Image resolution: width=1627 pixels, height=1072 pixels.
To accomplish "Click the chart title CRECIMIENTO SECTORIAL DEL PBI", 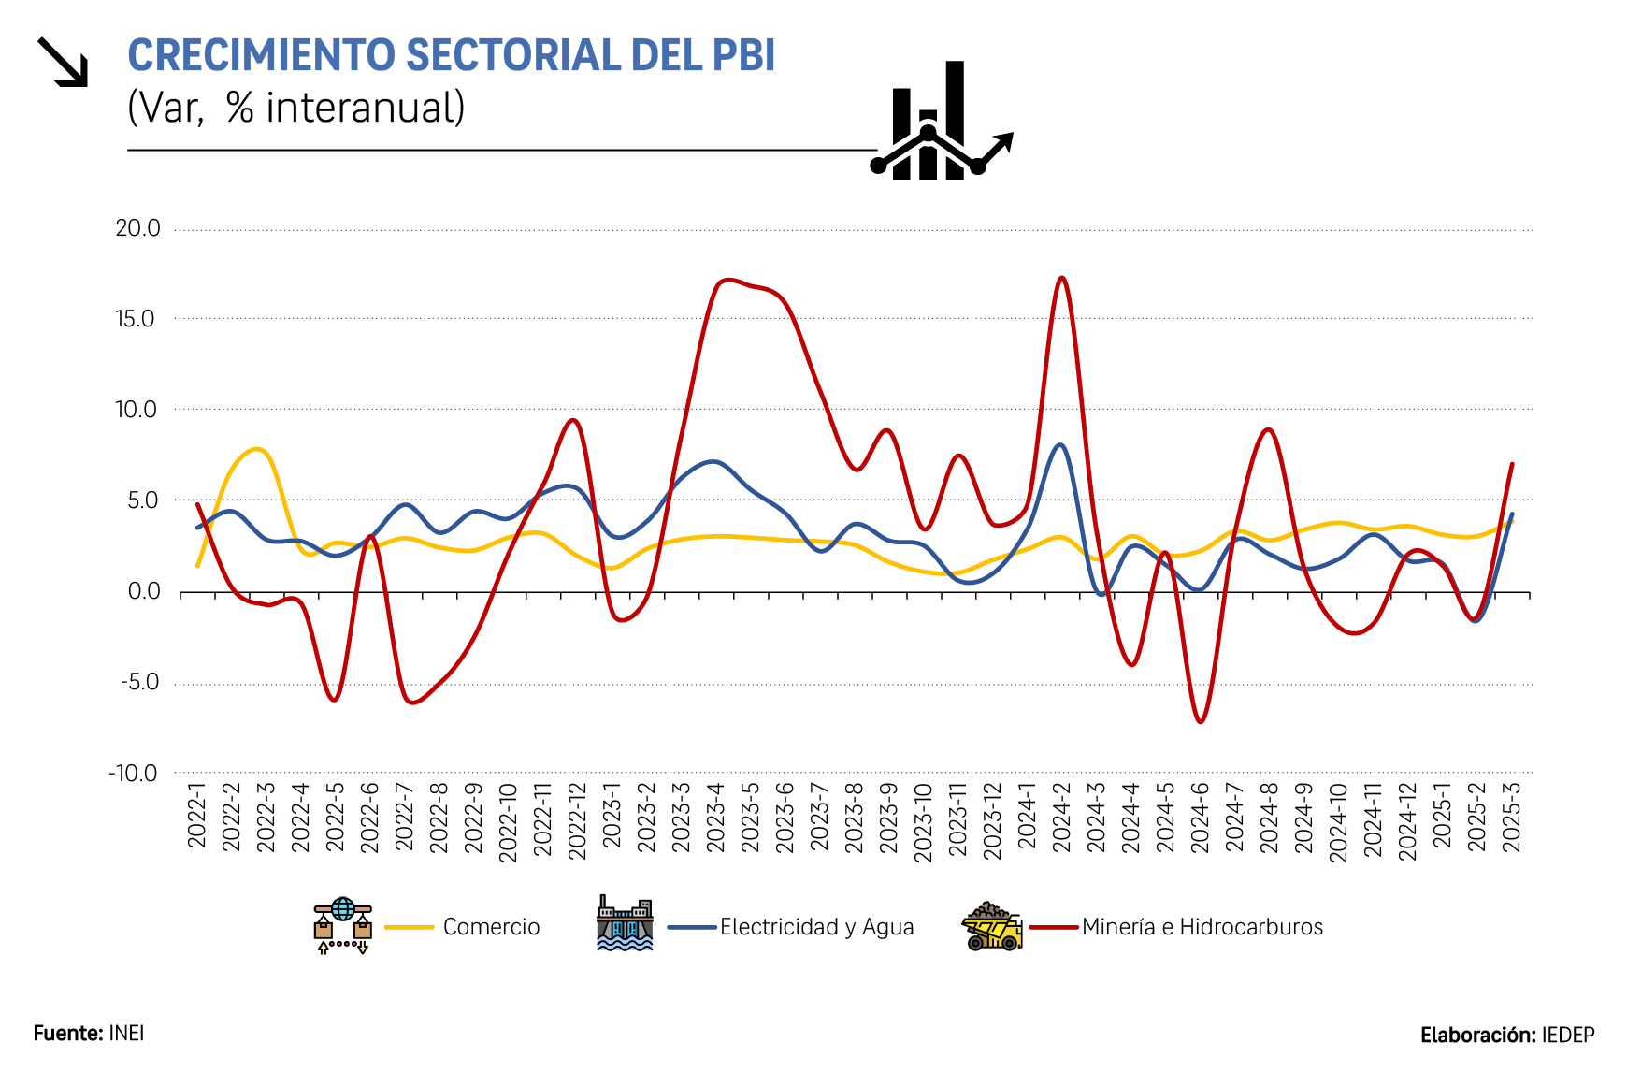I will point(451,55).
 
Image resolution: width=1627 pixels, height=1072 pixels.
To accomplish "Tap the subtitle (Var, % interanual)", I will point(295,108).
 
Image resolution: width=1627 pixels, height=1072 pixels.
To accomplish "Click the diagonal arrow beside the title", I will point(63,62).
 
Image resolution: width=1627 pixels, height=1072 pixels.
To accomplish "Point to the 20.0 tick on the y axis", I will point(137,229).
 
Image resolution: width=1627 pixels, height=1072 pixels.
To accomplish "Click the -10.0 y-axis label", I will point(134,774).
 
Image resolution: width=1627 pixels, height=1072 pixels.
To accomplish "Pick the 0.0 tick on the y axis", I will point(144,592).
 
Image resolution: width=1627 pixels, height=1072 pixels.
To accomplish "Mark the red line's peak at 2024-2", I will point(1061,278).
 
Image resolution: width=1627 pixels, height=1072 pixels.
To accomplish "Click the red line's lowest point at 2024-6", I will point(1201,721).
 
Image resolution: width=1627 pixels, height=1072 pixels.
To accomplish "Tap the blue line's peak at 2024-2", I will point(1059,445).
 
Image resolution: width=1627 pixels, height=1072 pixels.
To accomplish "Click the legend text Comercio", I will point(491,927).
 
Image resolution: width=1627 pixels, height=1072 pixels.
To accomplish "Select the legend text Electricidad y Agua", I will point(816,927).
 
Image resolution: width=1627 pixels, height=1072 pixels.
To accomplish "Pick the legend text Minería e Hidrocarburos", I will point(1202,927).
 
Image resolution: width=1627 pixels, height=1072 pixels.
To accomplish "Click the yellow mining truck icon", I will point(992,926).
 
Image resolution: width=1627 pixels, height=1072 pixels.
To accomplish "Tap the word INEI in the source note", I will point(126,1033).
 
